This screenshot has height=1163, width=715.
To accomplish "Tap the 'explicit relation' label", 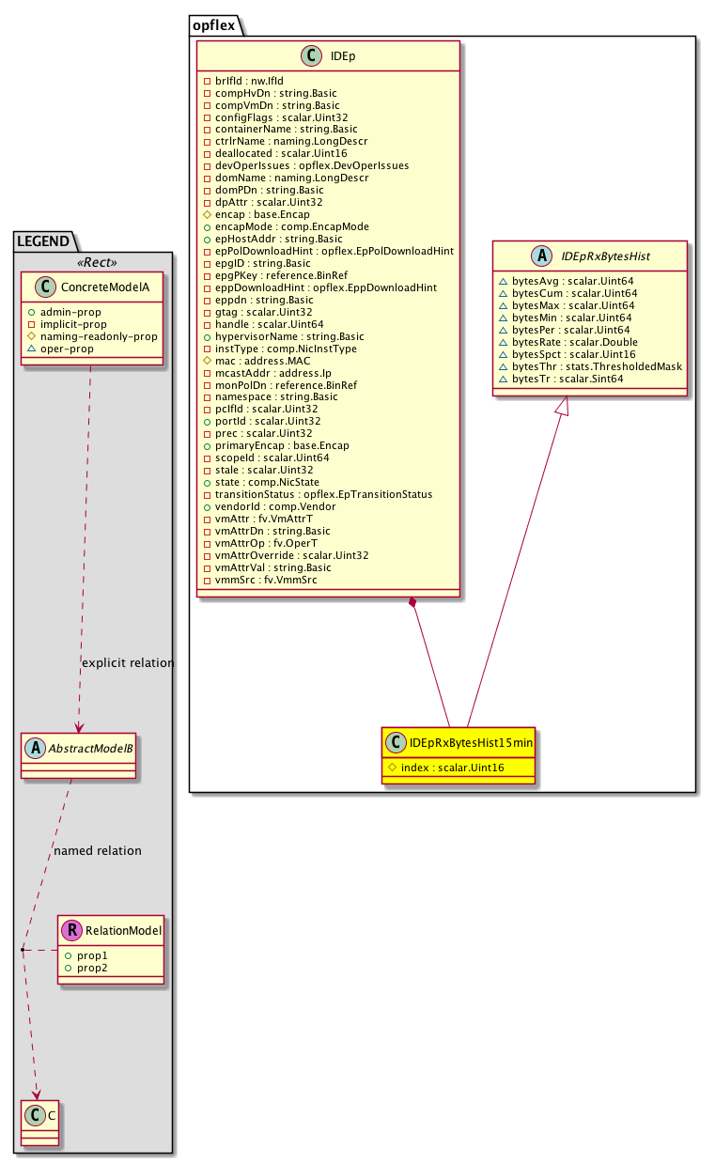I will [128, 663].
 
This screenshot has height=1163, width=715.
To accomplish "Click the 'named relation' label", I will [98, 851].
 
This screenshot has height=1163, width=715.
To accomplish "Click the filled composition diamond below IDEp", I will [412, 602].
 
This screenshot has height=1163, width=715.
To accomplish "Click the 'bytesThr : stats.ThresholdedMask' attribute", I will [590, 366].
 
